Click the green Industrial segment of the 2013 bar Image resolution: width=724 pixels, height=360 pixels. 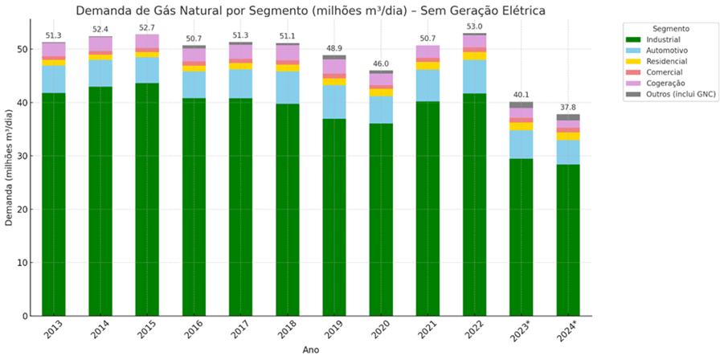pyautogui.click(x=53, y=205)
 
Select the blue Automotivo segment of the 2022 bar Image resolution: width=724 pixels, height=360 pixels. pyautogui.click(x=473, y=76)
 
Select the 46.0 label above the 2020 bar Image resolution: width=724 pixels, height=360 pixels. pyautogui.click(x=380, y=63)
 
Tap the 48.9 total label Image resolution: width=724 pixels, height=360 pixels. pyautogui.click(x=333, y=48)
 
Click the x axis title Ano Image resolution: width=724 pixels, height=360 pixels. pyautogui.click(x=310, y=351)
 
